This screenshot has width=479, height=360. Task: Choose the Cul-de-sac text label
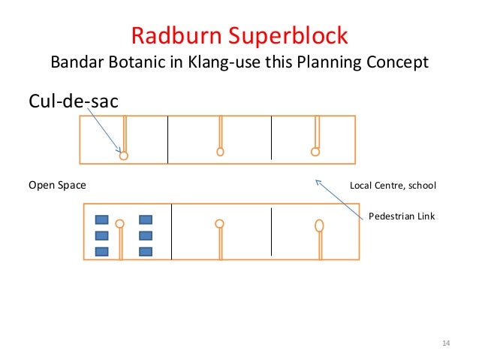(73, 100)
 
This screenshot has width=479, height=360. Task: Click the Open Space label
(57, 185)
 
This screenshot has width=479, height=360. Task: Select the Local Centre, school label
(393, 185)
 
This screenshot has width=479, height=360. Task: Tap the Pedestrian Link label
(402, 216)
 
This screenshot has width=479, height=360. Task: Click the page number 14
(446, 343)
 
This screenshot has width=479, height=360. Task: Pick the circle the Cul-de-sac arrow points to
(124, 156)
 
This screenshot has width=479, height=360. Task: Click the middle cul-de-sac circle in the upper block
(220, 151)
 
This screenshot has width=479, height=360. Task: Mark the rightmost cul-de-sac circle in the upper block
(315, 151)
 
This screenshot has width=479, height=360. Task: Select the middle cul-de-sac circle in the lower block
(219, 223)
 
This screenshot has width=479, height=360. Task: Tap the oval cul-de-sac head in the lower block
(319, 225)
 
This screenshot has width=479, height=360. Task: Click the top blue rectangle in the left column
(101, 220)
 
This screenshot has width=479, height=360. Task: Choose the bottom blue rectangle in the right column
(146, 251)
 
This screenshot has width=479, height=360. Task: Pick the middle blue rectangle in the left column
(101, 236)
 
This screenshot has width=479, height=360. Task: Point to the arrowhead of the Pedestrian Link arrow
(317, 180)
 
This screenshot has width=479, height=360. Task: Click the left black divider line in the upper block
(167, 139)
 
